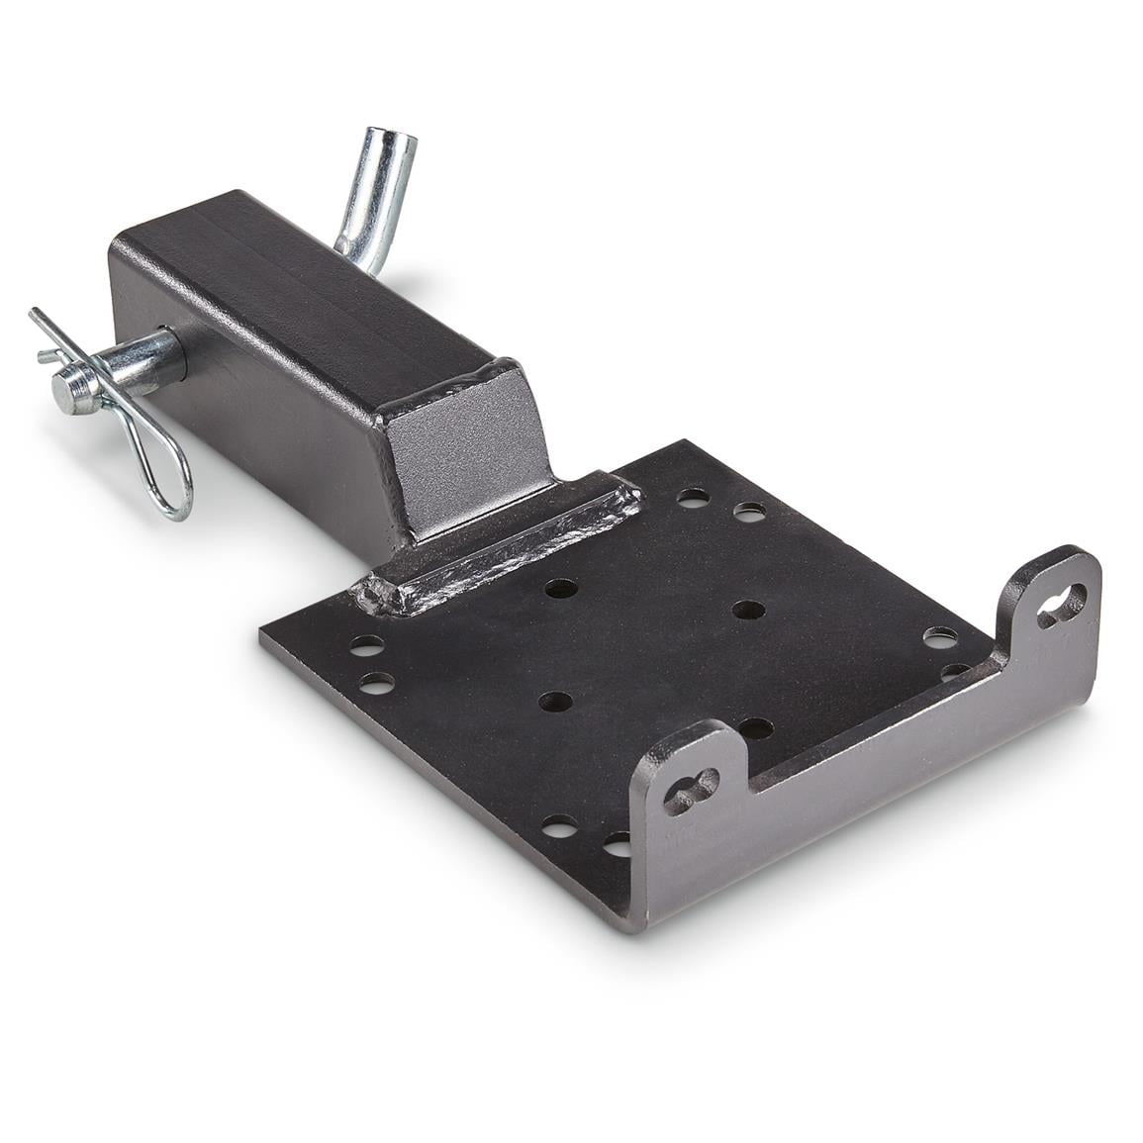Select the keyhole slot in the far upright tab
tap(1060, 605)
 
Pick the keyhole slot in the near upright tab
tap(691, 789)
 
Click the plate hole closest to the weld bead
tap(561, 588)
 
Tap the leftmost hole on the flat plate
tap(365, 645)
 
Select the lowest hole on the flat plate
tap(617, 843)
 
